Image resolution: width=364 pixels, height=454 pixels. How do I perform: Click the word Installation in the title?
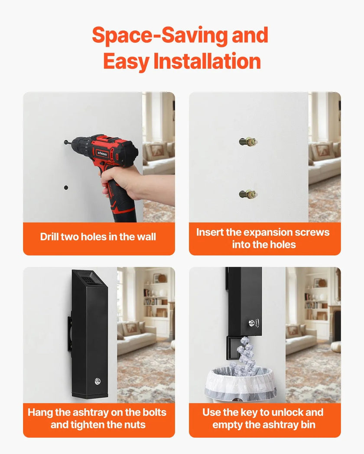pyautogui.click(x=207, y=61)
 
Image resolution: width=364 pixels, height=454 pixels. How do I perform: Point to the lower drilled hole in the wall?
pyautogui.click(x=66, y=188)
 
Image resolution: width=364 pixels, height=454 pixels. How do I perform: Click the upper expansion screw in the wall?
pyautogui.click(x=248, y=142)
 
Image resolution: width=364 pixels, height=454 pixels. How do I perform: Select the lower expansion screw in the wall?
pyautogui.click(x=248, y=194)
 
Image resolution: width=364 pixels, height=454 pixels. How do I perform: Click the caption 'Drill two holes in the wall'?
pyautogui.click(x=98, y=237)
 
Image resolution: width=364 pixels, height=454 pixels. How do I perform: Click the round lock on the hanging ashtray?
pyautogui.click(x=97, y=381)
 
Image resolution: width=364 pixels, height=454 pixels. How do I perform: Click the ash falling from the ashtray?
pyautogui.click(x=245, y=353)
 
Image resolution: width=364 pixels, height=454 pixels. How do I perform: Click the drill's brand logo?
pyautogui.click(x=102, y=153)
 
